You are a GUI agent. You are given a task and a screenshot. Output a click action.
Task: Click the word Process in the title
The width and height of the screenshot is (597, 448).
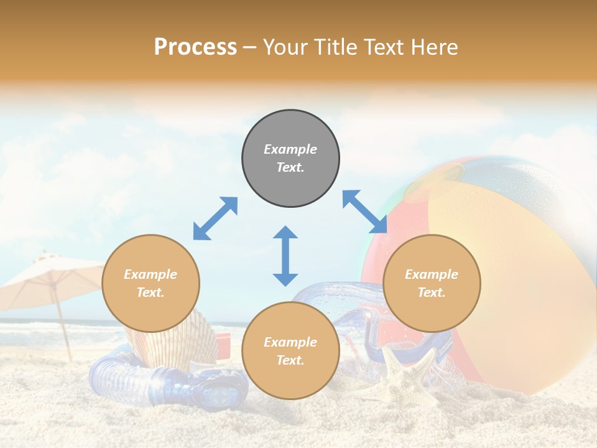point(195,47)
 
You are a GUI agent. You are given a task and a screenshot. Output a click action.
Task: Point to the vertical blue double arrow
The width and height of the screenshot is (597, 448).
point(285,256)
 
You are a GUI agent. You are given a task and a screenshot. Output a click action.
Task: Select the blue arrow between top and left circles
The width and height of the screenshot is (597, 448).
point(215,218)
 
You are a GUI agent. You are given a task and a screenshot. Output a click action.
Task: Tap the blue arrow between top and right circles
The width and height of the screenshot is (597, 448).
point(364,212)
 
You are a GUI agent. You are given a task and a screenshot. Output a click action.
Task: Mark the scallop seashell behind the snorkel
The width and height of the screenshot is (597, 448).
point(180,339)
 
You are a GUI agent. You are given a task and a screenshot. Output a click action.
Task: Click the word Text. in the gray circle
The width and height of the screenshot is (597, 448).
point(290,167)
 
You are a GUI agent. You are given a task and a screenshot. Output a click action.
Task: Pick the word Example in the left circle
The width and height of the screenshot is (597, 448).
point(150,274)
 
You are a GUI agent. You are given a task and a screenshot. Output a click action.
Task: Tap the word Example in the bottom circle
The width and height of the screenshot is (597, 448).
point(290,342)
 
